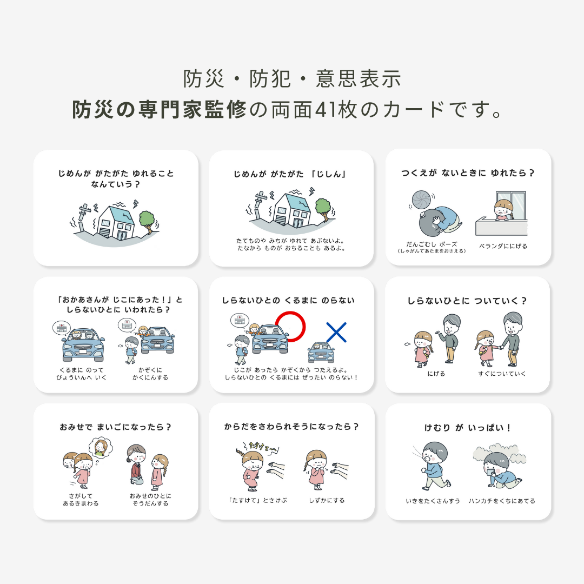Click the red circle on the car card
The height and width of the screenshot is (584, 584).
[290, 327]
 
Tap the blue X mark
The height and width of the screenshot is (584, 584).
[336, 332]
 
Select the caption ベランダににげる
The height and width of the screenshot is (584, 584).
[503, 246]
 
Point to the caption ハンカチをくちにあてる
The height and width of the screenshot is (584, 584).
[502, 501]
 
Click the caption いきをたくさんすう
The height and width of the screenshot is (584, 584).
[433, 501]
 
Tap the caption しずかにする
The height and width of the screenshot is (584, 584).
[327, 500]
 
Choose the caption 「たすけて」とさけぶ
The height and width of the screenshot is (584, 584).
[257, 500]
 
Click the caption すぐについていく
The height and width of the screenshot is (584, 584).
[502, 374]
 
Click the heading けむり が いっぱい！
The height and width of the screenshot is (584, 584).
[468, 428]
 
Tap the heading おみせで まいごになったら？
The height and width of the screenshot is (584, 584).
[116, 427]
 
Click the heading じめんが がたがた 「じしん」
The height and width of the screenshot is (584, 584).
[290, 174]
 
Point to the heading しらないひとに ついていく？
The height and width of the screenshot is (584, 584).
[467, 301]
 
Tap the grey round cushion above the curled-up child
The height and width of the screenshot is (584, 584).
[421, 200]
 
